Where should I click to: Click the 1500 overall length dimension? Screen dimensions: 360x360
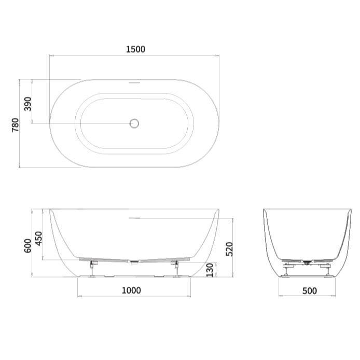coord(135,49)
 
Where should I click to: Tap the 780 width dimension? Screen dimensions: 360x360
coord(15,124)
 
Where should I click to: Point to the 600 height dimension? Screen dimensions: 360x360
coord(28,245)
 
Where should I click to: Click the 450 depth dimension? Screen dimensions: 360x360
coord(39,239)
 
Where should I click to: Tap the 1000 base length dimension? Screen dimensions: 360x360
coord(131,290)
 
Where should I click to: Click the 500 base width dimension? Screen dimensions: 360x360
coord(309,291)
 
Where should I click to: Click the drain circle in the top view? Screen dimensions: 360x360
coord(134,123)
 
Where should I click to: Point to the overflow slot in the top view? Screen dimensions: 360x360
coord(134,81)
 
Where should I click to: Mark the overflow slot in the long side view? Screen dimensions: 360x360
coord(134,218)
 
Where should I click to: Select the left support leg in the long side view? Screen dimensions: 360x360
coord(92,269)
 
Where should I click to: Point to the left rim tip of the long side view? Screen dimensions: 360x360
coord(51,210)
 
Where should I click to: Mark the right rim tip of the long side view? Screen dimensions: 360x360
coord(218,210)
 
